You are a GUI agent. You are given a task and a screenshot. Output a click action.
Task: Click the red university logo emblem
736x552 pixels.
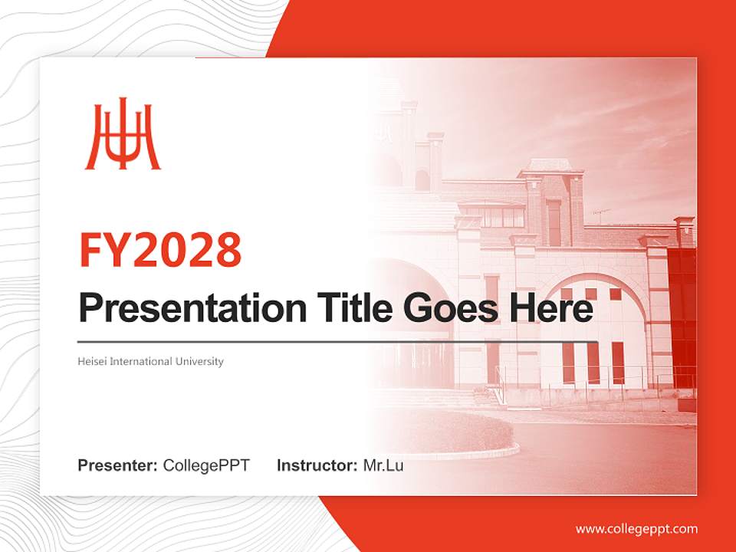coord(122,139)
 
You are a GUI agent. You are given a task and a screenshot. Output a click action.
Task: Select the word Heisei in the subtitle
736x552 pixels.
coord(92,361)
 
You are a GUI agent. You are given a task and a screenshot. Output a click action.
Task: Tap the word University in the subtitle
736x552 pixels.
coord(200,361)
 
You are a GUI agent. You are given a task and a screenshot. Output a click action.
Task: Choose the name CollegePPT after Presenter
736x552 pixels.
coord(206,465)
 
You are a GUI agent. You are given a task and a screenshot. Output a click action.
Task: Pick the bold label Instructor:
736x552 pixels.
coord(317,465)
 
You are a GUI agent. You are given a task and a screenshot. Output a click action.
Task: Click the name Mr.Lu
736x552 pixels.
coord(383,465)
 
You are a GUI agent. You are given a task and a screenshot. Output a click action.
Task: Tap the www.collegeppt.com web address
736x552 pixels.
coord(636,529)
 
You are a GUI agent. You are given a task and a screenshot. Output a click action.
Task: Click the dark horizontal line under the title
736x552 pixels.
coord(337,341)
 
